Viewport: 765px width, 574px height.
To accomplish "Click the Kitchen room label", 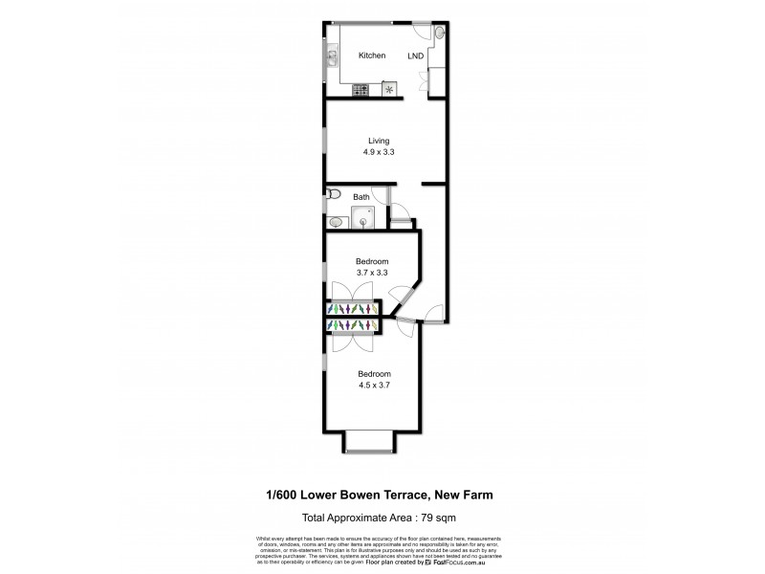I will [x=372, y=55].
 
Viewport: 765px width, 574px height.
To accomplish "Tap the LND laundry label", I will [x=418, y=55].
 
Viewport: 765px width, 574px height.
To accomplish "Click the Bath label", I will [x=361, y=198].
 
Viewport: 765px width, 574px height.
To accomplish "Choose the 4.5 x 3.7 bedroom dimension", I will [x=374, y=385].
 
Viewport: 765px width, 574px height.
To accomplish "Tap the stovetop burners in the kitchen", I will [x=361, y=91].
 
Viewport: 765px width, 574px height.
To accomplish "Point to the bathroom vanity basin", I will [x=334, y=223].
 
